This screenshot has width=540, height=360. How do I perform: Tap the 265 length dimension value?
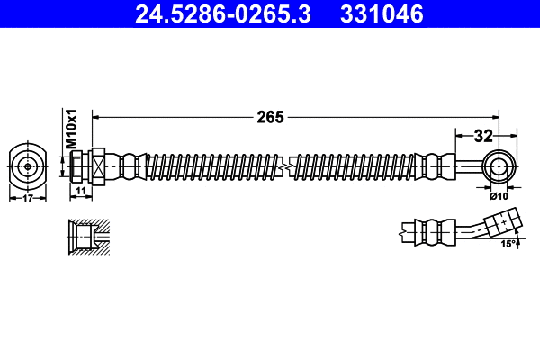coord(271,116)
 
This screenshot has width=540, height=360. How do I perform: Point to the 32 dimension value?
coord(483,136)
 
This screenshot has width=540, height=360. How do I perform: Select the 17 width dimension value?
coord(28,198)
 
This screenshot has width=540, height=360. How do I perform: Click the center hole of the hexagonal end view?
coord(28,166)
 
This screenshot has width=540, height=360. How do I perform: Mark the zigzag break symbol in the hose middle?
coord(285,166)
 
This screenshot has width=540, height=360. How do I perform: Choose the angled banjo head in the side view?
coord(501,222)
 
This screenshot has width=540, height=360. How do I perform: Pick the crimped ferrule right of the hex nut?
coord(130,166)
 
